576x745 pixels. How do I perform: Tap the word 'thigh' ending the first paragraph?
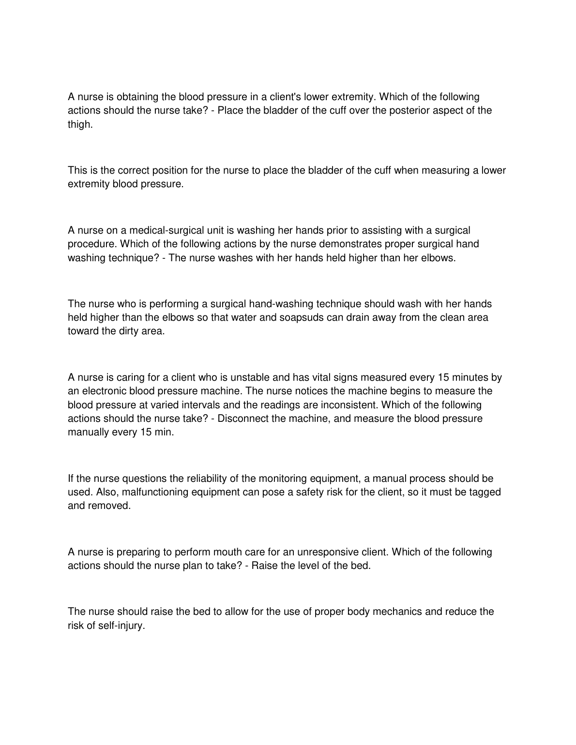click(79, 124)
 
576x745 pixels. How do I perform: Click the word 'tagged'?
click(485, 492)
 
